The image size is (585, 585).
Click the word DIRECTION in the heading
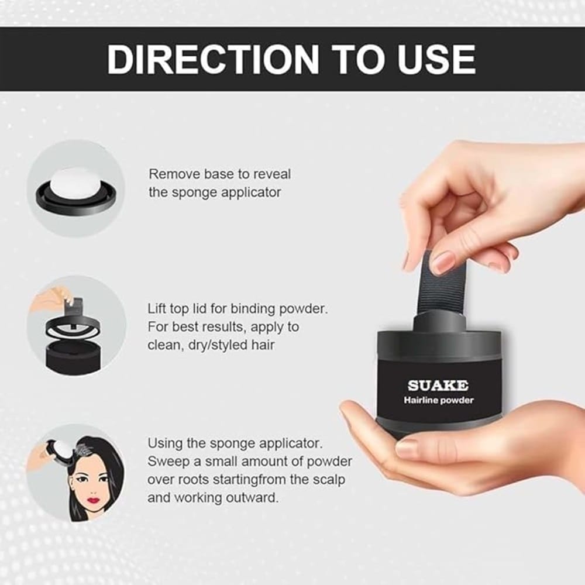[x=213, y=59]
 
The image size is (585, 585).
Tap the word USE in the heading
[x=436, y=59]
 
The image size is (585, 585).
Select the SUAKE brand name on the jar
[x=438, y=385]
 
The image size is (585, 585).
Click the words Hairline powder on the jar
[x=438, y=400]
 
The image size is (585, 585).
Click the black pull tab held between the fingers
[x=437, y=284]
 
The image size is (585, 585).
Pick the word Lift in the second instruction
[x=157, y=308]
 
